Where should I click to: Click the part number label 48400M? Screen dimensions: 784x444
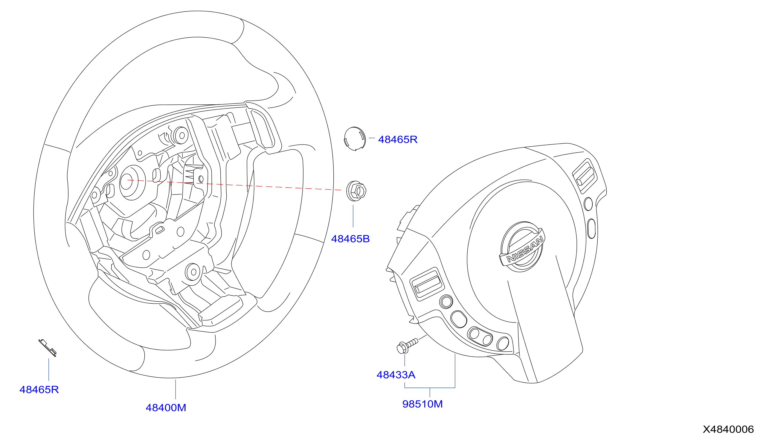click(x=166, y=408)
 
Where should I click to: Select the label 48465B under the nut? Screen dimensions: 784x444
click(x=350, y=239)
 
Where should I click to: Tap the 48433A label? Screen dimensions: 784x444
click(x=396, y=375)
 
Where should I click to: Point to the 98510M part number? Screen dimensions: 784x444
click(x=422, y=404)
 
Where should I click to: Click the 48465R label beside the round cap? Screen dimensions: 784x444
click(x=398, y=139)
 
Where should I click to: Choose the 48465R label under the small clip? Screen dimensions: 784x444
click(x=39, y=390)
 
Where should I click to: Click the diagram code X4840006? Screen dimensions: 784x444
click(x=728, y=429)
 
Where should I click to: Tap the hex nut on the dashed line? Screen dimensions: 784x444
click(x=356, y=191)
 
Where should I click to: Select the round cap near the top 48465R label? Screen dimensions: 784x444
click(x=354, y=139)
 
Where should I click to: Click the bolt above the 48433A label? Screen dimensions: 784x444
click(x=407, y=346)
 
